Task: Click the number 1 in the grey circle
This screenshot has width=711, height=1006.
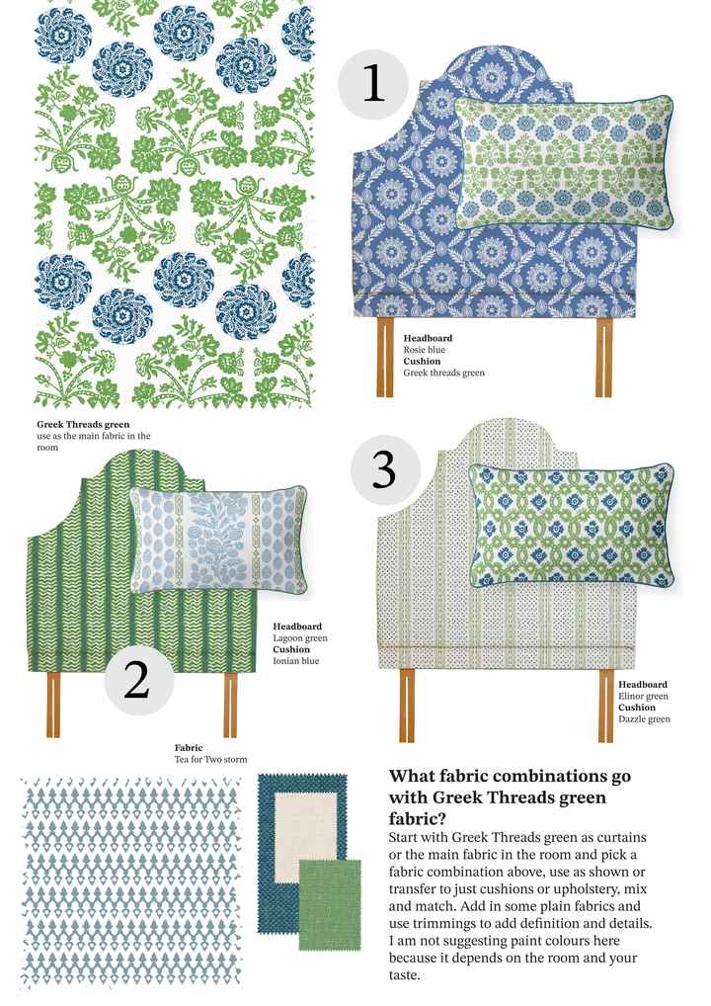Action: (x=374, y=84)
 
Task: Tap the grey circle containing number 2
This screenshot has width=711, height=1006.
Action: (x=138, y=680)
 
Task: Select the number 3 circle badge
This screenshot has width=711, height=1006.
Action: (x=385, y=469)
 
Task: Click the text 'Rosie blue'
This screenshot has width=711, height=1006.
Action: (x=424, y=350)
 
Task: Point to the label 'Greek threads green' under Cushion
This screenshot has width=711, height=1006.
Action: (x=443, y=373)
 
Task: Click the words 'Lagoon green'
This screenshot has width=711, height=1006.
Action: (x=300, y=637)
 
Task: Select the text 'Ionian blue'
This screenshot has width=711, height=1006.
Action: (x=295, y=661)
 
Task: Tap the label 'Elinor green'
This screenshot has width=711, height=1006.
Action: (x=643, y=696)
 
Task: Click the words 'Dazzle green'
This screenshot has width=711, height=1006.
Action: (x=644, y=719)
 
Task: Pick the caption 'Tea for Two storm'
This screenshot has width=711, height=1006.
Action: (x=210, y=760)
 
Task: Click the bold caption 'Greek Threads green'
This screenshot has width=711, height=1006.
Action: (x=83, y=424)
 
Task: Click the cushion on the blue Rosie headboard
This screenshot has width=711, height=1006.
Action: (x=564, y=162)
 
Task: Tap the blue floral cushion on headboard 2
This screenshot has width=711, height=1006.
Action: (x=218, y=541)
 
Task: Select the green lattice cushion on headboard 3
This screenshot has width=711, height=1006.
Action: (x=571, y=525)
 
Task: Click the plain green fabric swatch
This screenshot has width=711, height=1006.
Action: (x=330, y=904)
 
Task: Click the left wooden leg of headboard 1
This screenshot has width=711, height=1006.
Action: (x=385, y=357)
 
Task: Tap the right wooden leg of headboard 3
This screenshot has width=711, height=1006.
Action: (x=606, y=706)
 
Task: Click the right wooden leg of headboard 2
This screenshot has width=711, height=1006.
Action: (x=230, y=705)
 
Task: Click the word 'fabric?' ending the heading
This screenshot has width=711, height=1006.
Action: (x=418, y=818)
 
